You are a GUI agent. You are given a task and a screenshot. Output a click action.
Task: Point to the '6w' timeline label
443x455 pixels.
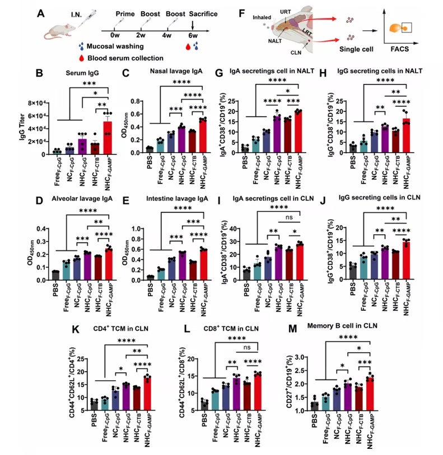pos(193,41)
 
